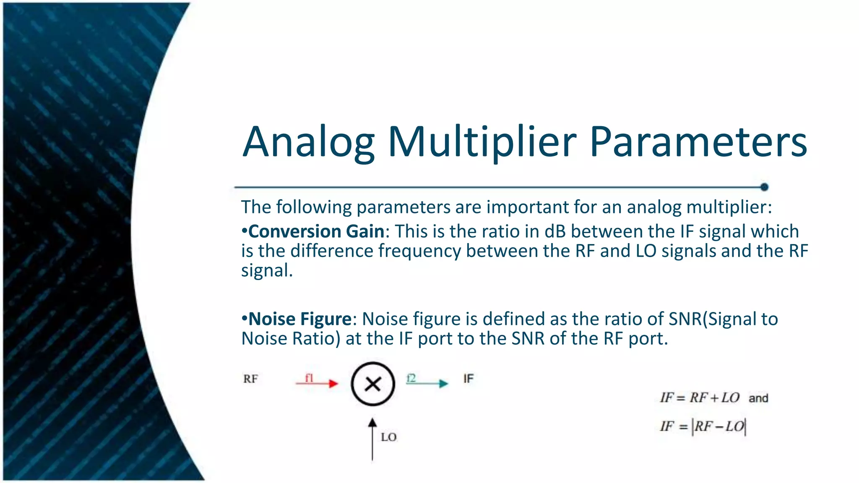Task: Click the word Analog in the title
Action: click(x=308, y=143)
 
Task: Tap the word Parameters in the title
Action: click(x=698, y=143)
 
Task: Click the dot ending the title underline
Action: click(x=764, y=187)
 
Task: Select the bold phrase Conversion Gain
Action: click(x=316, y=231)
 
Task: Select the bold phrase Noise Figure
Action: click(x=300, y=319)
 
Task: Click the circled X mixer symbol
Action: click(x=373, y=384)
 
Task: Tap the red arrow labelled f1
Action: click(x=317, y=383)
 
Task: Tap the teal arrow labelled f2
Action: click(x=427, y=383)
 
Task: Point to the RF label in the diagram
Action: click(x=250, y=379)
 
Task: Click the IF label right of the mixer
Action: click(x=469, y=379)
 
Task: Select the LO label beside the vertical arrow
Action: click(x=388, y=437)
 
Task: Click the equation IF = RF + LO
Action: click(x=700, y=397)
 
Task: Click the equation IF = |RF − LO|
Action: click(x=703, y=427)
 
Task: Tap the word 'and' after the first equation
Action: click(x=758, y=398)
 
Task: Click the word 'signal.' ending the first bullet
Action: click(x=267, y=271)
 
